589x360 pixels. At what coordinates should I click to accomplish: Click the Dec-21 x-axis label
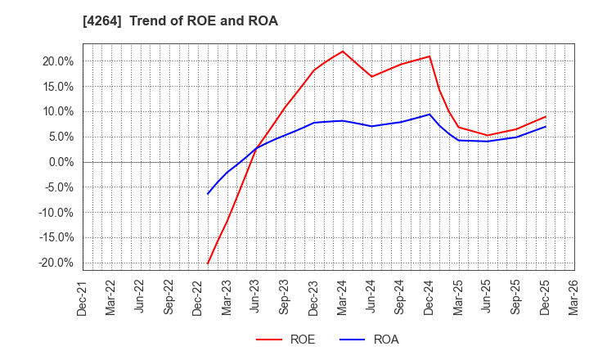pyautogui.click(x=83, y=296)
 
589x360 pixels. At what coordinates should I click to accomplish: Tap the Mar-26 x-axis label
pyautogui.click(x=574, y=296)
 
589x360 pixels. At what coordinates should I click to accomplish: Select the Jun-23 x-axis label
pyautogui.click(x=256, y=296)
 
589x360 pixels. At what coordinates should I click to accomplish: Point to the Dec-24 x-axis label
pyautogui.click(x=429, y=296)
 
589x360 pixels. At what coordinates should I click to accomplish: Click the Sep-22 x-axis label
pyautogui.click(x=169, y=296)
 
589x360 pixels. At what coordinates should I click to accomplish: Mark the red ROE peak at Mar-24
pyautogui.click(x=343, y=51)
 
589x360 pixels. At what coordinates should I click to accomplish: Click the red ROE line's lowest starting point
pyautogui.click(x=208, y=263)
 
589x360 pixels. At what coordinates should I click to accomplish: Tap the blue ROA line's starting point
pyautogui.click(x=208, y=194)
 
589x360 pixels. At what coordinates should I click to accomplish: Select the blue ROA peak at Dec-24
pyautogui.click(x=429, y=114)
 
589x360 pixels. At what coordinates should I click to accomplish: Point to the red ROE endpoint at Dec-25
pyautogui.click(x=546, y=116)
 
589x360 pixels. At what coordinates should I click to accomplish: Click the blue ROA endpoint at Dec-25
pyautogui.click(x=546, y=126)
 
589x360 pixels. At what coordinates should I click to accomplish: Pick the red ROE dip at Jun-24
pyautogui.click(x=371, y=77)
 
